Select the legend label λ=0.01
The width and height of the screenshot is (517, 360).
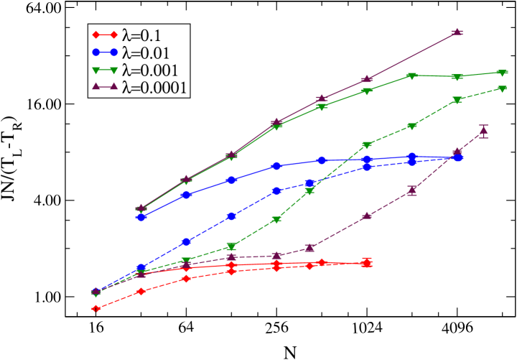[x=148, y=52]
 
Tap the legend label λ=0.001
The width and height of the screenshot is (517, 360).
[x=152, y=70]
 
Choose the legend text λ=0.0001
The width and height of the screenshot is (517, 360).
[x=155, y=88]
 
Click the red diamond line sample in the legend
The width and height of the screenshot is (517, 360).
[x=105, y=35]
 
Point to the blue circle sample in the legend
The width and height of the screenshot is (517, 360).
[x=105, y=52]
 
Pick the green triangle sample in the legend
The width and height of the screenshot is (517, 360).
[x=105, y=70]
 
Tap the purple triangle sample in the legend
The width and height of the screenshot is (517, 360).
[x=105, y=88]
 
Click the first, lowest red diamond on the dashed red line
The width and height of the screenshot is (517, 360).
[x=96, y=308]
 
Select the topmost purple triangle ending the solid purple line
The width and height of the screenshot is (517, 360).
[x=457, y=32]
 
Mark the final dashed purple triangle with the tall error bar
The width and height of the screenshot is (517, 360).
[x=483, y=130]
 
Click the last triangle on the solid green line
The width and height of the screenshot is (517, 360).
[x=502, y=73]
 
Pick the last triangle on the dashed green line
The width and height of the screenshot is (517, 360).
[x=502, y=89]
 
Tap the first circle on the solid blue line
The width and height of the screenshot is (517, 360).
[x=141, y=217]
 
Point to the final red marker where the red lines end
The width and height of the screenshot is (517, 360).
[x=367, y=263]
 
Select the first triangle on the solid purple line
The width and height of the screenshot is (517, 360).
[x=141, y=208]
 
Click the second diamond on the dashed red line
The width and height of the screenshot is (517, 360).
[x=141, y=291]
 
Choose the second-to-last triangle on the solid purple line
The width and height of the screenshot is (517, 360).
[x=367, y=79]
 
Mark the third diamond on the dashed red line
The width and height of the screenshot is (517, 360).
[x=186, y=278]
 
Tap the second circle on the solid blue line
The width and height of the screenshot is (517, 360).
[x=186, y=195]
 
